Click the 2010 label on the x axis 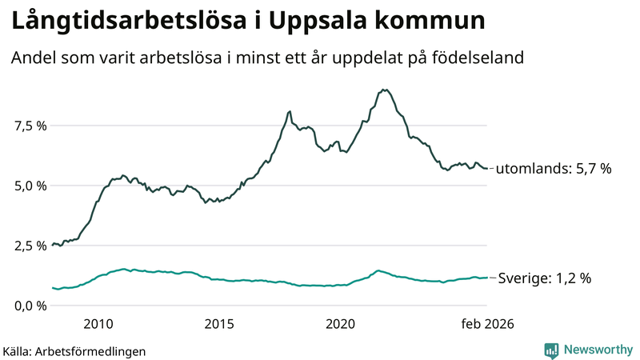98,324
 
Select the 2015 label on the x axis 219,324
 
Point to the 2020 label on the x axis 341,324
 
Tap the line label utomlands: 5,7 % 554,169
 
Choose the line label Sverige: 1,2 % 544,278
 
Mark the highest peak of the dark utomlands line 385,90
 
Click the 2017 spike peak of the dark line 289,111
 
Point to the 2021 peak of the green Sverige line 378,270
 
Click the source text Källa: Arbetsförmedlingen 74,350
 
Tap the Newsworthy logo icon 551,350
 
